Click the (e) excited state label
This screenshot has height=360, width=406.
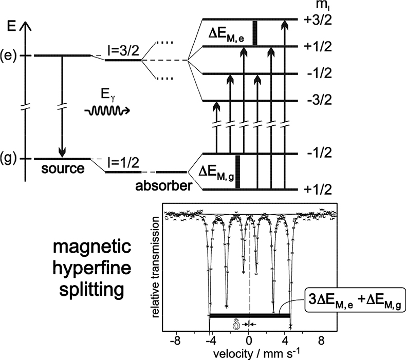click(10, 55)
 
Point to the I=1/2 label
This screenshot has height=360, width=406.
click(123, 162)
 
